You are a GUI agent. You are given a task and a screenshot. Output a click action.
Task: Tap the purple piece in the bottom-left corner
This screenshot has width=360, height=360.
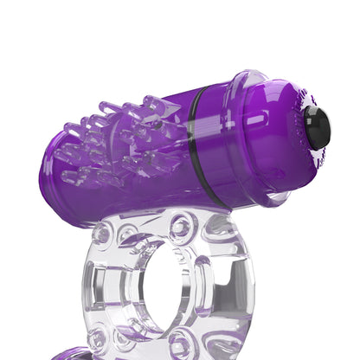[x=74, y=354]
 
